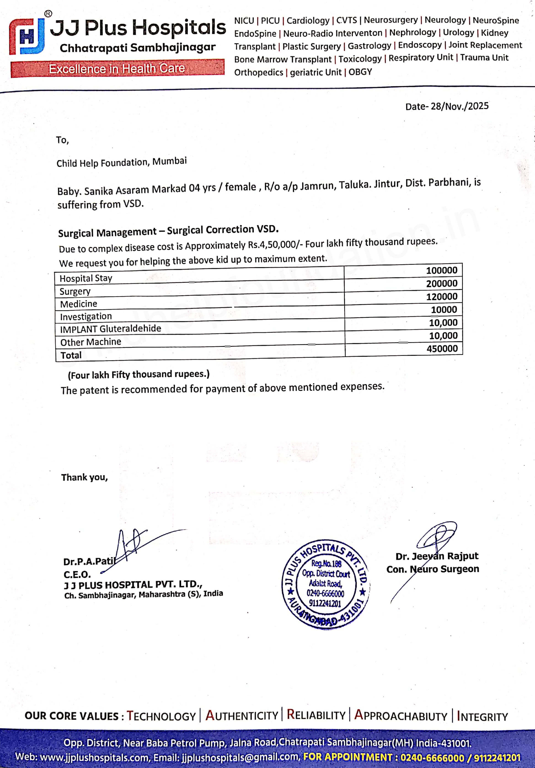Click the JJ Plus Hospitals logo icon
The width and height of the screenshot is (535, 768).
[27, 36]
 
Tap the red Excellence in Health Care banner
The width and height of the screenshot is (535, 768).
[117, 69]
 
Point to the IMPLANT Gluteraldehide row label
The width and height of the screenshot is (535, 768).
[110, 329]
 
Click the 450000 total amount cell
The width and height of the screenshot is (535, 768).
[442, 348]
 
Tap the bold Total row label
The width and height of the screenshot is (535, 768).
[71, 355]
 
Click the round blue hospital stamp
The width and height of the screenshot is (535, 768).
[325, 585]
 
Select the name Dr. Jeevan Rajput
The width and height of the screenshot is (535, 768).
[437, 556]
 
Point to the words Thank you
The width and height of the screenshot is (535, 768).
[84, 477]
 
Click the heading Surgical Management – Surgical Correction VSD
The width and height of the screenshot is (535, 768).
[168, 231]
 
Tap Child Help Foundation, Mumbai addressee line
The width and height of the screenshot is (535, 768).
[121, 162]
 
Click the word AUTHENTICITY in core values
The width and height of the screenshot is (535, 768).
[242, 715]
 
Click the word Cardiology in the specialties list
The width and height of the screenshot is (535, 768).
[308, 21]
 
